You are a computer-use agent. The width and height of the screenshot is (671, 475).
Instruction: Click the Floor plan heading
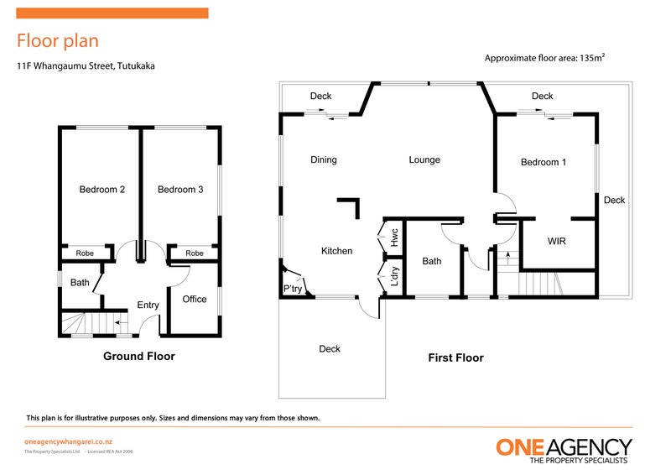click(x=58, y=40)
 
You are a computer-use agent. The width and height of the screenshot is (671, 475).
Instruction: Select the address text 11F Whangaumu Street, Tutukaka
click(x=86, y=65)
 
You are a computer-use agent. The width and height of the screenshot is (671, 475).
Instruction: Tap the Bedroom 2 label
click(x=102, y=190)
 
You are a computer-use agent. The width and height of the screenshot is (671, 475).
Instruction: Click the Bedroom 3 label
click(x=180, y=190)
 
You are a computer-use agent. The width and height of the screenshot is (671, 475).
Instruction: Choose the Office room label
click(x=195, y=300)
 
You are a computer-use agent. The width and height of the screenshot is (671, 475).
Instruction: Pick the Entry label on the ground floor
click(x=148, y=305)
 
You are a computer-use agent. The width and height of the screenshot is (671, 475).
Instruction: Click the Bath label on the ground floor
click(x=80, y=283)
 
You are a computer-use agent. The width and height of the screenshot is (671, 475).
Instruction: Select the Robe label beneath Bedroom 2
click(x=85, y=253)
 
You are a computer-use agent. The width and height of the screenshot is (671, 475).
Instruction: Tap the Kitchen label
click(x=336, y=251)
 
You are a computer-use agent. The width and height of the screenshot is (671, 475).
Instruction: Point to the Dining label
click(x=323, y=160)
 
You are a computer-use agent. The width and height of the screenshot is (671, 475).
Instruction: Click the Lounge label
click(x=424, y=160)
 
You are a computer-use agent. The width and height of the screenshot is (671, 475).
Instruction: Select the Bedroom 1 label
click(x=543, y=163)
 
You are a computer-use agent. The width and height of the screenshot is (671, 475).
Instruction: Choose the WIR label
click(x=557, y=241)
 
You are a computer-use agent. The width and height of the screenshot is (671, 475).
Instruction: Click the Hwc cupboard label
click(x=393, y=237)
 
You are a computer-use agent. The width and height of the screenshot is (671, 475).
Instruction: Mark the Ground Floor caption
click(x=139, y=357)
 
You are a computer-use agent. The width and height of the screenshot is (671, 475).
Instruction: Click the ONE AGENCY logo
click(x=563, y=451)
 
